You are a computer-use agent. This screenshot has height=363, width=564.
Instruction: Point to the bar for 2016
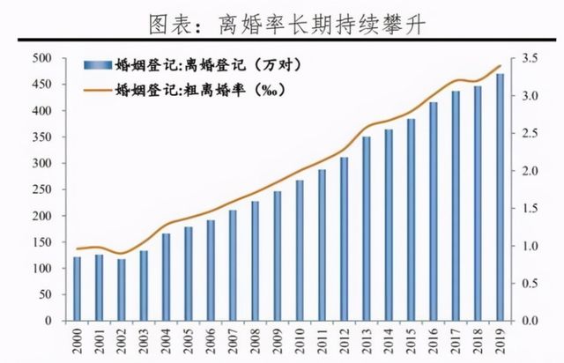[x=434, y=211]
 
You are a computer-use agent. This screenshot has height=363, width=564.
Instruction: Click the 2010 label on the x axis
[x=301, y=340]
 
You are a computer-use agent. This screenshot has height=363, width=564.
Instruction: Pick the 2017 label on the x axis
[x=456, y=340]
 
